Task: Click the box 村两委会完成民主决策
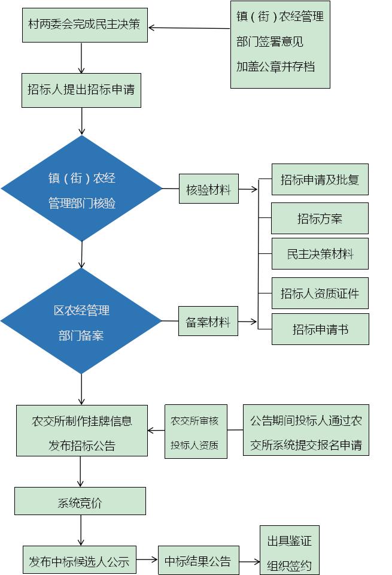coord(84,25)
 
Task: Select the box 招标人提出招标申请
coord(81,90)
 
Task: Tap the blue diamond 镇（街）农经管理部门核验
coord(81,189)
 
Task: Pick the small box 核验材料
coord(208,189)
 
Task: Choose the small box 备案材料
coord(208,322)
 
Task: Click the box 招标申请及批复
coord(320,179)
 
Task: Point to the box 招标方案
coord(320,218)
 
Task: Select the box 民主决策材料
coord(320,253)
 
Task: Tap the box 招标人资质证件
coord(320,293)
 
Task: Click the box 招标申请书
coord(320,329)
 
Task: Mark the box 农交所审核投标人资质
coord(196,432)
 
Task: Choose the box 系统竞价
coord(80,501)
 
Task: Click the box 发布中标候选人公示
coord(79,562)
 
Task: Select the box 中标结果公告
coord(198,561)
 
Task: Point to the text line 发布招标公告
coord(81,446)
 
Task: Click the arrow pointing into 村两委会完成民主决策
coord(189,28)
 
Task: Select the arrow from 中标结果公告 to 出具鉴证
coord(249,562)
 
